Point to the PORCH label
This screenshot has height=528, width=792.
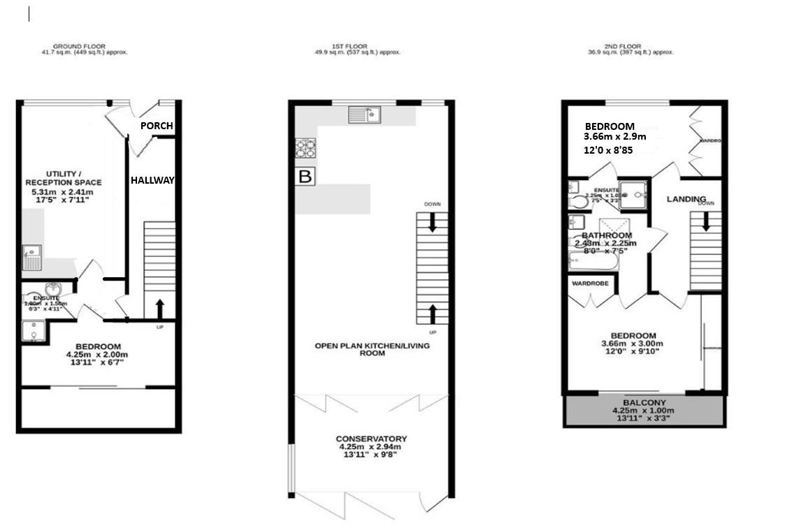click(157, 126)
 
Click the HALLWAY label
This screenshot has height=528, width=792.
click(152, 180)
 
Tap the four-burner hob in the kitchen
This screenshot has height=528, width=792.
click(306, 148)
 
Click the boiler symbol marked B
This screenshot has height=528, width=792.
click(305, 177)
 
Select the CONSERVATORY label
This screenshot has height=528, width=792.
click(371, 439)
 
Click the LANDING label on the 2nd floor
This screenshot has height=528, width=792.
click(686, 199)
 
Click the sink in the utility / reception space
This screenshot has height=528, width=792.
click(31, 258)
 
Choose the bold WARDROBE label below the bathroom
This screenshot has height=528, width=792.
click(591, 284)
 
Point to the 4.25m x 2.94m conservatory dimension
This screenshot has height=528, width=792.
click(370, 447)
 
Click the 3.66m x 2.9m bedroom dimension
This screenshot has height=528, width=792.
click(615, 137)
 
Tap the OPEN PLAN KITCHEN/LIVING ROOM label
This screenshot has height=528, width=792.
click(372, 349)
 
